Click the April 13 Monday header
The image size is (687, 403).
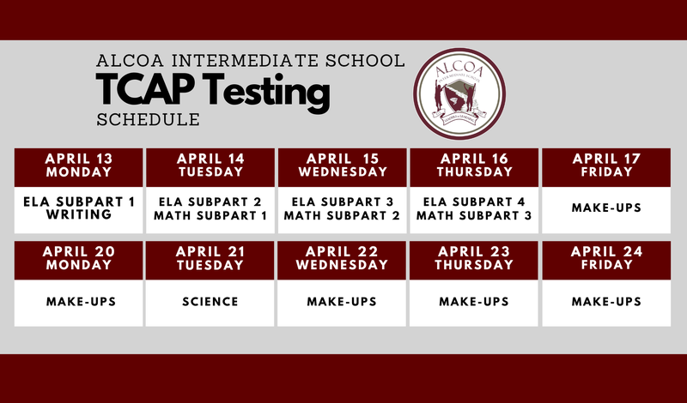pos(79,165)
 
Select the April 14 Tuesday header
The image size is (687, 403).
pos(210,165)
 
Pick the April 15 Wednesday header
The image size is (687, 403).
pos(342,165)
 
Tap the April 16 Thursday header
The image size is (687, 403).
pos(474,165)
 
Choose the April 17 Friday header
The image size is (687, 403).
pos(606,165)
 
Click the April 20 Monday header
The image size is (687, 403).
pos(79,258)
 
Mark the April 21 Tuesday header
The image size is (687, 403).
pos(210,258)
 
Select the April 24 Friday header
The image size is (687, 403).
pos(606,258)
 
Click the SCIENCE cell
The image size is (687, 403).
pos(210,302)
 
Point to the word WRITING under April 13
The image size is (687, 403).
pos(79,215)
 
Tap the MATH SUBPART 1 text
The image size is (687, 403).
pos(210,215)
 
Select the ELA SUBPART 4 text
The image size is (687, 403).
pos(474,201)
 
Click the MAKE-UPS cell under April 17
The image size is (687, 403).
pos(606,208)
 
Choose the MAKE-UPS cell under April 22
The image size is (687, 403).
pos(342,302)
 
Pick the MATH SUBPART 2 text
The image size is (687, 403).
pos(342,215)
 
